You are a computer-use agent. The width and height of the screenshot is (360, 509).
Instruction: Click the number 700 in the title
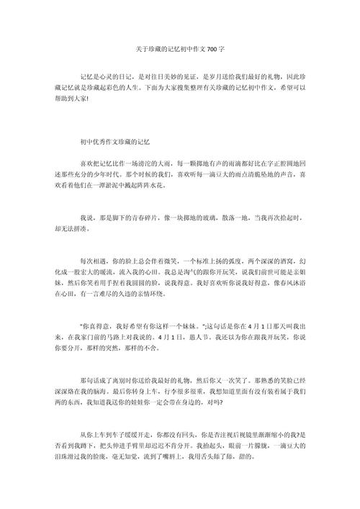tap(212, 49)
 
